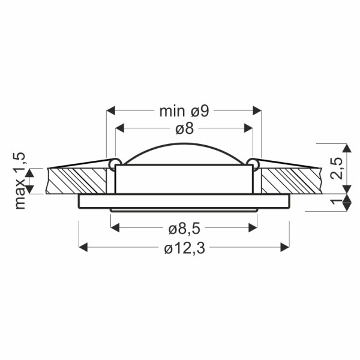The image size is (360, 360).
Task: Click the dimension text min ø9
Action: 184,112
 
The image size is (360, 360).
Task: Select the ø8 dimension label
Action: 185,128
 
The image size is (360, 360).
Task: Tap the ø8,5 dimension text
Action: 185,229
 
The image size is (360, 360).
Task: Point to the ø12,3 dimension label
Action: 185,248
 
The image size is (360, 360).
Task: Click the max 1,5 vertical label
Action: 20,181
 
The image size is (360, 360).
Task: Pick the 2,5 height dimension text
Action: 337,168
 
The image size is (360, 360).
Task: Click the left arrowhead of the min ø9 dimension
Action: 111,110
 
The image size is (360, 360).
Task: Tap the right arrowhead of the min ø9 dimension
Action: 257,110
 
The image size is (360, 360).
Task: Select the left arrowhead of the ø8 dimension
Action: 119,128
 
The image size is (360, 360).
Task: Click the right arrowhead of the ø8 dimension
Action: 248,128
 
